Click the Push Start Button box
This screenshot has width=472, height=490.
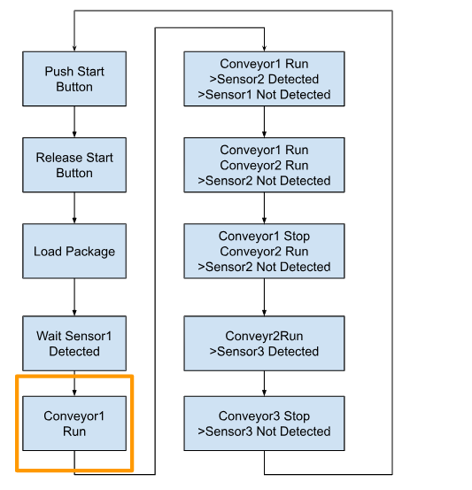[74, 79]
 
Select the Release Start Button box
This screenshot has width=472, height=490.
[74, 165]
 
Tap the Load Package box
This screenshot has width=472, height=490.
[74, 251]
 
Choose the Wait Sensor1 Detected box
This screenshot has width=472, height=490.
[74, 344]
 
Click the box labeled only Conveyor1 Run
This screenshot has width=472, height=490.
[74, 424]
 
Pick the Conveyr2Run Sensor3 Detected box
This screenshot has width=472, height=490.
[264, 344]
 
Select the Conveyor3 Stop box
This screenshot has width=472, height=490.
[264, 424]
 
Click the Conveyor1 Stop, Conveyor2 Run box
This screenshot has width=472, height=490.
[264, 251]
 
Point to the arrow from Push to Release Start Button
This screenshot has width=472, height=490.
[74, 122]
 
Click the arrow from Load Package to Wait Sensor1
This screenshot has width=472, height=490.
[74, 297]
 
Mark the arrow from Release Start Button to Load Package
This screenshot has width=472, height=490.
[74, 208]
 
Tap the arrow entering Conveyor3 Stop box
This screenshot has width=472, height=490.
[264, 384]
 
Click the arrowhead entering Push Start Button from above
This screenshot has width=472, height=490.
[74, 49]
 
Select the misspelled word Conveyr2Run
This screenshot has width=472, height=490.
[264, 336]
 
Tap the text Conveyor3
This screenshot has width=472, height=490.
[249, 416]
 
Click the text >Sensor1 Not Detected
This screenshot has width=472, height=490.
[264, 95]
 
